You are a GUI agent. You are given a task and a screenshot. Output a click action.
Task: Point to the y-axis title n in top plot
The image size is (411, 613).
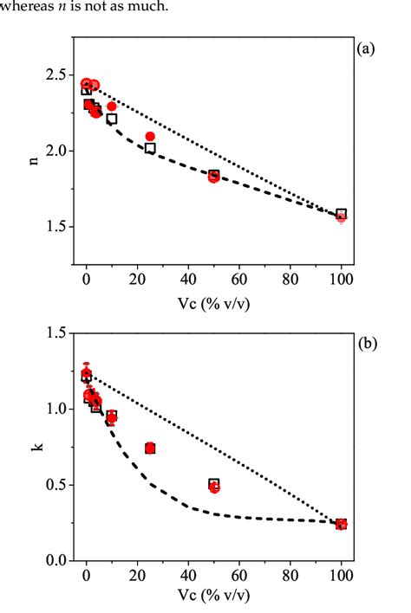[34, 160]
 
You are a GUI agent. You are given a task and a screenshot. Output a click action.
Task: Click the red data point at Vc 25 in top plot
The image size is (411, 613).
[150, 136]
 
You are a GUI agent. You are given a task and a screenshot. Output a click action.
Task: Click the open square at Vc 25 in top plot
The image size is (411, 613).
[150, 148]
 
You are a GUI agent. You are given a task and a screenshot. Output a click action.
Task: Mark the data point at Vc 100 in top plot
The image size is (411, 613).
[342, 215]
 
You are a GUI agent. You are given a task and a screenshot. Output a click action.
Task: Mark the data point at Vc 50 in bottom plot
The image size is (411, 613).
[214, 486]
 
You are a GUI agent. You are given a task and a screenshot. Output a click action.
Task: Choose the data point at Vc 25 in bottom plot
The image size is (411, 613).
[150, 448]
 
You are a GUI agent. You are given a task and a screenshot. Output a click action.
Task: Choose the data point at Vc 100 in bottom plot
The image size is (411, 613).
[342, 524]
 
